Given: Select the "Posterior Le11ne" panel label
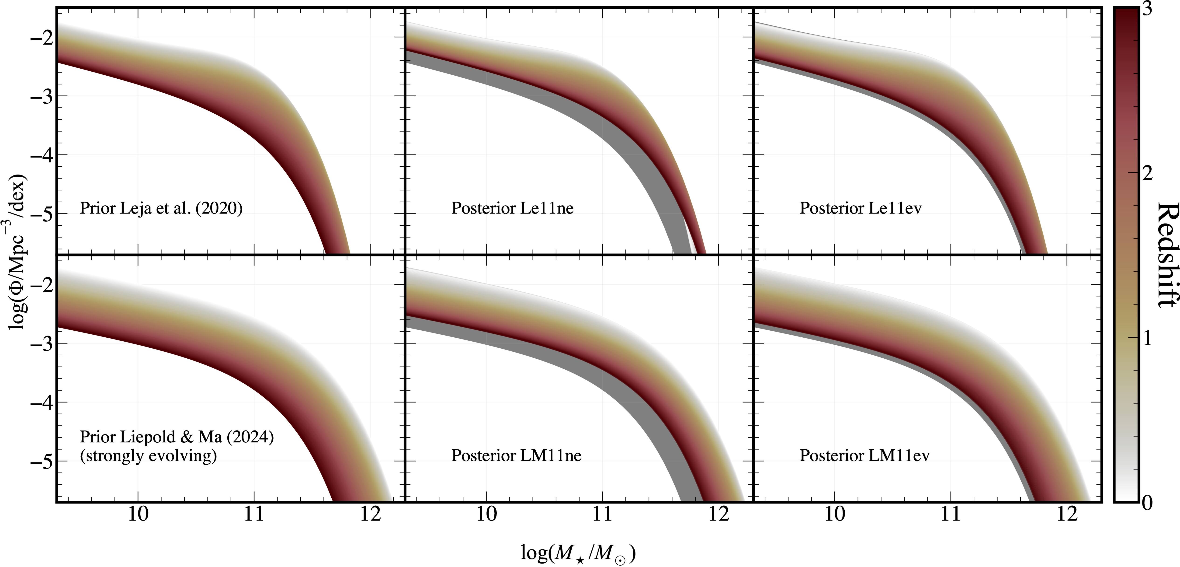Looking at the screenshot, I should [512, 209].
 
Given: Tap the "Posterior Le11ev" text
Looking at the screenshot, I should [860, 209].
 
